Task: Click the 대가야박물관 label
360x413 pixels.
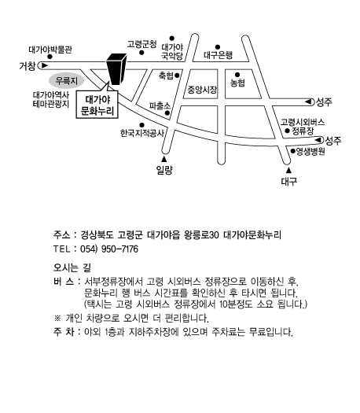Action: point(50,50)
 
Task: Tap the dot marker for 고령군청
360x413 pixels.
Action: point(141,53)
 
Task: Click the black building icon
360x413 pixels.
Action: point(116,68)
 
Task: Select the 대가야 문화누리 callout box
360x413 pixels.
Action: point(97,105)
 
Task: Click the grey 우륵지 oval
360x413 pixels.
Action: point(66,80)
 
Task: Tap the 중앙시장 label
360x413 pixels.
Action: point(202,90)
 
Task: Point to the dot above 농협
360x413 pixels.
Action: point(237,75)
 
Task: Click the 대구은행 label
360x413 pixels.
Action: point(219,55)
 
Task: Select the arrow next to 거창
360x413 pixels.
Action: point(45,65)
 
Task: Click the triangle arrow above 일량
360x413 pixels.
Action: point(164,159)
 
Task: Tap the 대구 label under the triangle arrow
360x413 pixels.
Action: point(289,181)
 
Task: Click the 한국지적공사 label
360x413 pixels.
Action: point(142,133)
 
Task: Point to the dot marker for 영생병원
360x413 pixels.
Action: point(293,151)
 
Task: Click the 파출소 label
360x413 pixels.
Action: point(160,106)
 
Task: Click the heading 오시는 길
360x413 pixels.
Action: point(72,267)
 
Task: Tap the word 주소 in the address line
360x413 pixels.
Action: point(61,234)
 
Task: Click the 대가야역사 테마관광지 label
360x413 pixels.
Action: point(51,99)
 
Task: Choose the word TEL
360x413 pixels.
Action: point(62,249)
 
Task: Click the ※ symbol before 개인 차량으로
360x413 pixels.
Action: point(57,318)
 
